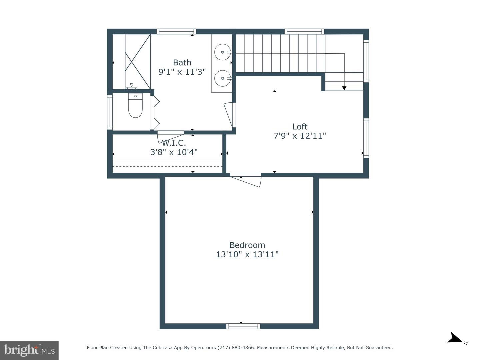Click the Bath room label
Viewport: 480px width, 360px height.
[x=182, y=63]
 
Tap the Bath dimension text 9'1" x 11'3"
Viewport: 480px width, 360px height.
[x=182, y=72]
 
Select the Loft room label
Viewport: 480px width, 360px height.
[x=300, y=127]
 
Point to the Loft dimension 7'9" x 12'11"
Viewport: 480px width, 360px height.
[x=300, y=136]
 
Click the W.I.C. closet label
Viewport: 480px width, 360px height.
[x=174, y=143]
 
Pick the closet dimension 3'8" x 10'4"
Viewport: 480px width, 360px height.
[x=174, y=152]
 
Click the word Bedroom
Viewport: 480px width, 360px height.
[x=247, y=245]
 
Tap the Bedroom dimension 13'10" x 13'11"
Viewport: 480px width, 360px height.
[x=247, y=255]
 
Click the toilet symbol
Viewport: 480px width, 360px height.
[x=135, y=106]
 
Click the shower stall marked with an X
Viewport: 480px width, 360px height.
[x=138, y=61]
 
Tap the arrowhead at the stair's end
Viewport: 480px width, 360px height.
[x=344, y=88]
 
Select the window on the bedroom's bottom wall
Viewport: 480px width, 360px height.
[x=243, y=326]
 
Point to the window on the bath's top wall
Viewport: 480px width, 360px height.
[x=176, y=32]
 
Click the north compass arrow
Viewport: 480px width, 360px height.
[x=455, y=338]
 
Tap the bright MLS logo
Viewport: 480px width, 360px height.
[x=29, y=350]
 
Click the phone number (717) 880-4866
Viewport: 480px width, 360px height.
[x=236, y=348]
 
